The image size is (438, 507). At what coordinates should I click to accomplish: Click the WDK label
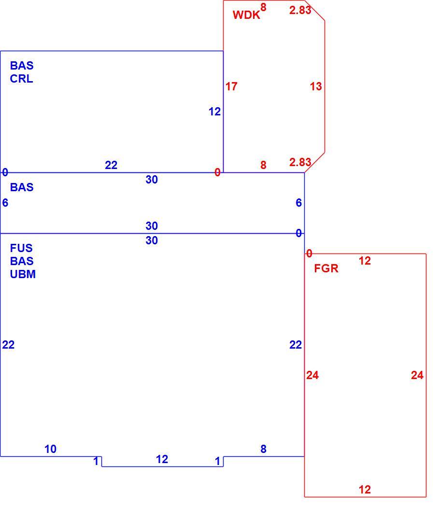246,15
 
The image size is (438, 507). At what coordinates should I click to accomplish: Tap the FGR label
326,268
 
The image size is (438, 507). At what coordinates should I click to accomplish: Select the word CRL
21,79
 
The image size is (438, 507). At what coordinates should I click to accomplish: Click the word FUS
21,248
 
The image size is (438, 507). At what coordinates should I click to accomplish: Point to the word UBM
23,274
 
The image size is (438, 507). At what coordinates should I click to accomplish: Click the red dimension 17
231,86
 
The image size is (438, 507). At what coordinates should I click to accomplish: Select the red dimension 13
316,86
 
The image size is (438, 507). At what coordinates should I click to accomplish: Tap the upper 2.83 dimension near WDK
300,10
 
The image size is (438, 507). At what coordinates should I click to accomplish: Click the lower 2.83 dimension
300,162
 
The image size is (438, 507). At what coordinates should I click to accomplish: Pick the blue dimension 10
50,449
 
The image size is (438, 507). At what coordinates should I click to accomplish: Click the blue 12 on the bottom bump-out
162,459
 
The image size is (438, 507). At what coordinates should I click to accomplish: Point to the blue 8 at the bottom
263,449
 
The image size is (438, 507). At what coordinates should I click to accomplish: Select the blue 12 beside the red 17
214,112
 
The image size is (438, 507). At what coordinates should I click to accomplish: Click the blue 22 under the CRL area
111,165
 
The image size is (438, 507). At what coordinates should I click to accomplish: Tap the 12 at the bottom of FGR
365,490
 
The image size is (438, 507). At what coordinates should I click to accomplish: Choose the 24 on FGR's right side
417,375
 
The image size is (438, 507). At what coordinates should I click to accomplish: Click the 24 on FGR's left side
312,375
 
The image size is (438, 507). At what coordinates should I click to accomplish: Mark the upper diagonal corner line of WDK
314,11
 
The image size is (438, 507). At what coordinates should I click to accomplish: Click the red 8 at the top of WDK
263,7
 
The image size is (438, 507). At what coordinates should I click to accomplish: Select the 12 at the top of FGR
365,261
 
